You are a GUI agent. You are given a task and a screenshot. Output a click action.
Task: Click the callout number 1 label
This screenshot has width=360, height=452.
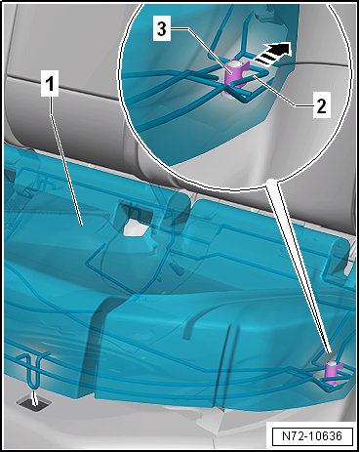pos(50,83)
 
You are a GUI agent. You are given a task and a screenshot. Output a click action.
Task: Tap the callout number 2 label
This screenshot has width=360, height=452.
pos(321,105)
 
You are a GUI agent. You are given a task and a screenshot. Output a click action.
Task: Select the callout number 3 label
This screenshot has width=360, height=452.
pos(162,28)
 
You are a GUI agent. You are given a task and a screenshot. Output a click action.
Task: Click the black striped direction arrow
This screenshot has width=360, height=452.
pos(271,52)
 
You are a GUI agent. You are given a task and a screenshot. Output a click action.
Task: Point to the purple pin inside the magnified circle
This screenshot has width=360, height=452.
pos(235,76)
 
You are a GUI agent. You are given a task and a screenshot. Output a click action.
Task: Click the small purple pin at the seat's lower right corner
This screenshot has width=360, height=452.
pos(333,373)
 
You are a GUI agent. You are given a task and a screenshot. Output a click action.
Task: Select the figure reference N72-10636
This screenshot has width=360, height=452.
pos(312,435)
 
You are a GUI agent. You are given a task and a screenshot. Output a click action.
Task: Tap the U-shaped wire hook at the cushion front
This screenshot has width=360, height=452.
pos(33,370)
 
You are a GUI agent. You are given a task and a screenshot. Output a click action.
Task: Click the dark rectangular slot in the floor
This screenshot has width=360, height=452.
pos(34,404)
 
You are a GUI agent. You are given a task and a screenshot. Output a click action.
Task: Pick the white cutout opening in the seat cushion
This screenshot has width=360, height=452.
pos(136,227)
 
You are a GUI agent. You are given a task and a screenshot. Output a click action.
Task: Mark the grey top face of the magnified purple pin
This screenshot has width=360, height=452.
pos(233,63)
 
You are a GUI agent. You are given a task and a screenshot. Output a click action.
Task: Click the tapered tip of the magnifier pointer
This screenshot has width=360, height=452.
pos(330,352)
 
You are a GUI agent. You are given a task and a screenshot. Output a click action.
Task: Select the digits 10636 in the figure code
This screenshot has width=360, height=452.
pos(323,435)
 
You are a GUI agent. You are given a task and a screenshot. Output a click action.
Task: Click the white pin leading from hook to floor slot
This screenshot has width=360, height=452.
pos(33,398)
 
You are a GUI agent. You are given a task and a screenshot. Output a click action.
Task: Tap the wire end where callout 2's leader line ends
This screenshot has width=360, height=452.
pos(254,76)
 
